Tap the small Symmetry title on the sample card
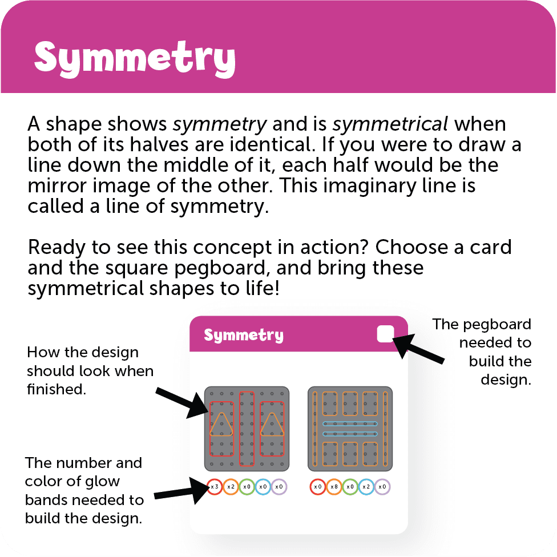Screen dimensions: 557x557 coord(243,335)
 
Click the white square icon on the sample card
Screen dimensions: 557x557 coord(385,334)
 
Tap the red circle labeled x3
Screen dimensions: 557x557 coord(214,487)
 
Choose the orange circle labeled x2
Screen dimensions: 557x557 coord(230,487)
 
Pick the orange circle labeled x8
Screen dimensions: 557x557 coord(334,487)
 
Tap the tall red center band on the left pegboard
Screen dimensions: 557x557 coord(247,428)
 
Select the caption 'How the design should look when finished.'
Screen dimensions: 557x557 coord(89,371)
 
